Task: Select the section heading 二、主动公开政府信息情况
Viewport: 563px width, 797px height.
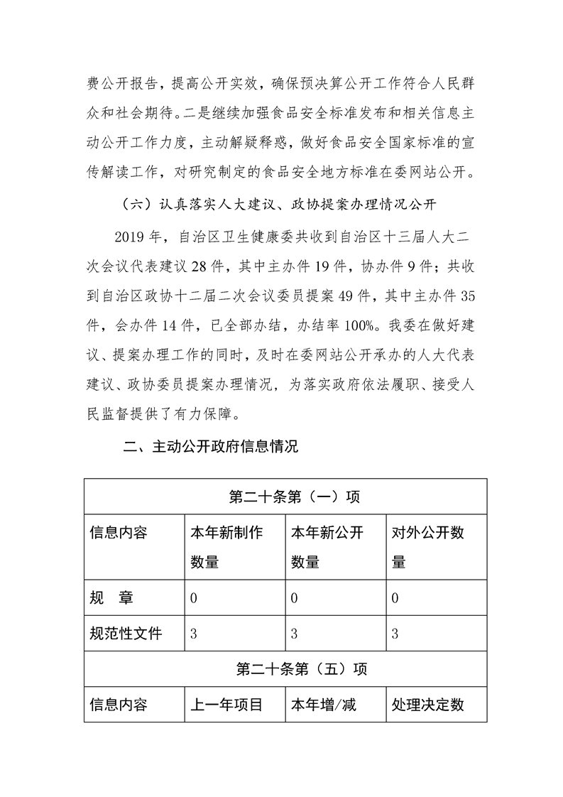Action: [211, 448]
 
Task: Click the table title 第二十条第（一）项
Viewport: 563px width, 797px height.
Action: [285, 497]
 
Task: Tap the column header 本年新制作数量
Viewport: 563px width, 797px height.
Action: [226, 547]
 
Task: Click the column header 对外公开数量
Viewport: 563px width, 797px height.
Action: [428, 547]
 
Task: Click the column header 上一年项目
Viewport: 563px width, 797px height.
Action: [226, 705]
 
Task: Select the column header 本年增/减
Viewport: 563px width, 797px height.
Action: [323, 705]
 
